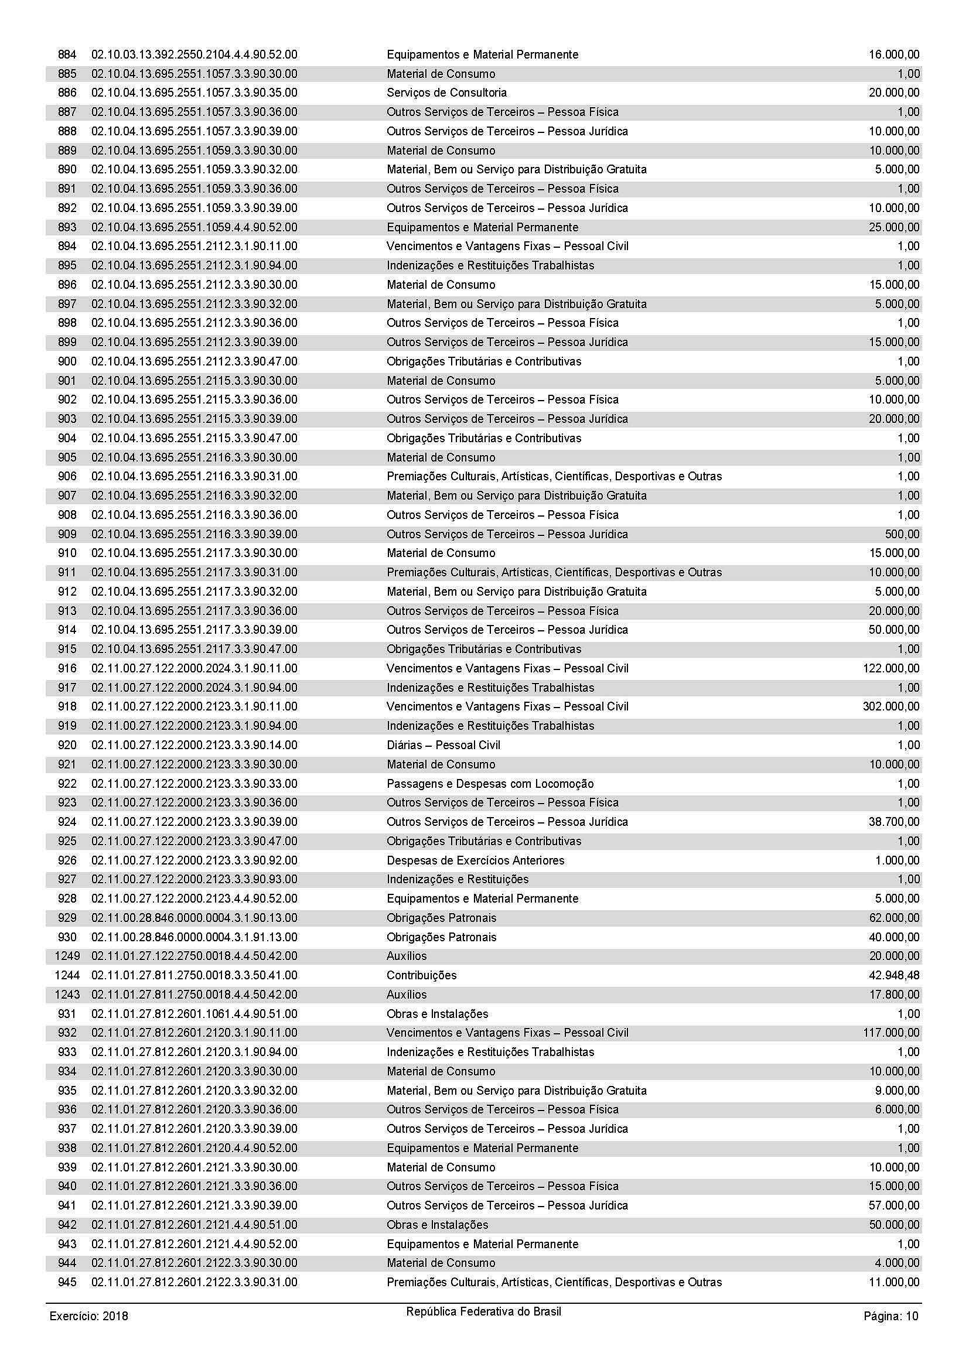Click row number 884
[x=67, y=55]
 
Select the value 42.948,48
[x=894, y=975]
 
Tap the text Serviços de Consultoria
[x=446, y=93]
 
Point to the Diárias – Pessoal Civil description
[x=443, y=744]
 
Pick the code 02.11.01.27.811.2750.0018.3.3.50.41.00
[x=194, y=975]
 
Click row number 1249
[x=67, y=956]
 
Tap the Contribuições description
[x=421, y=975]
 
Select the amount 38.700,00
[x=894, y=822]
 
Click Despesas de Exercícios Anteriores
[x=475, y=860]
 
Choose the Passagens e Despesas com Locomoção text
[x=490, y=784]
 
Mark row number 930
[x=67, y=937]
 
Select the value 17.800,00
[x=894, y=994]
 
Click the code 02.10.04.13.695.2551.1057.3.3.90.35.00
[x=194, y=93]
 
